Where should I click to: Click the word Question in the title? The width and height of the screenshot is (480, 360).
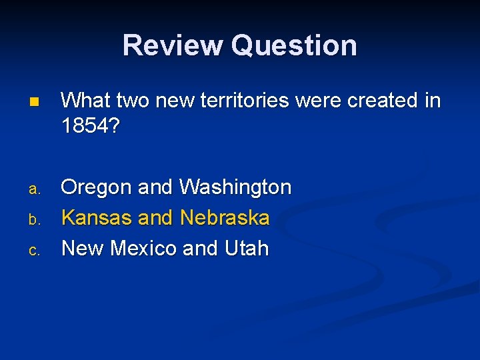click(x=294, y=45)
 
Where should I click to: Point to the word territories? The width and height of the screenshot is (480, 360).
click(x=250, y=101)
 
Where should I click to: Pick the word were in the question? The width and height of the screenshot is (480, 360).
click(x=321, y=101)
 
